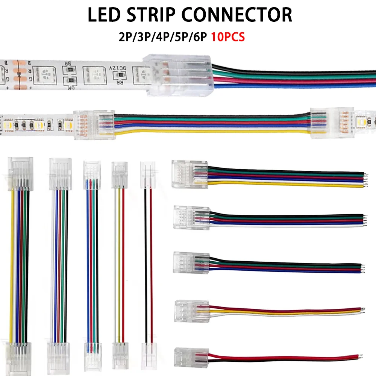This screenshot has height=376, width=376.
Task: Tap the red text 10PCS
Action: [x=228, y=38]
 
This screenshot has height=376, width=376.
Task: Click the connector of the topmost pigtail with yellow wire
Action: [x=189, y=174]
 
